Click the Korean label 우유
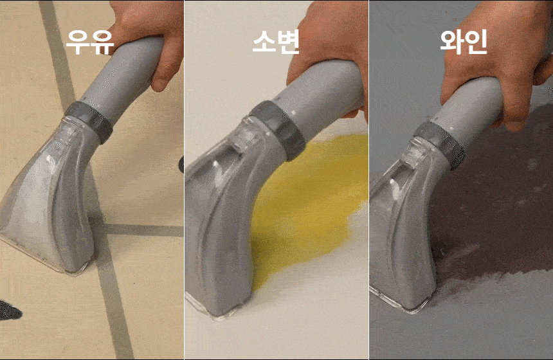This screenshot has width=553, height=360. pyautogui.click(x=90, y=42)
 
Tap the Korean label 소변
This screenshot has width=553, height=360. pyautogui.click(x=276, y=41)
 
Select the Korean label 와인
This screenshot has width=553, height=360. pyautogui.click(x=464, y=42)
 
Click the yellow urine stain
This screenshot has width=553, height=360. pyautogui.click(x=311, y=204)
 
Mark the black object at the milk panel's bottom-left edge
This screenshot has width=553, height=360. pyautogui.click(x=9, y=310)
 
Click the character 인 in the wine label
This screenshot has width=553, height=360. pyautogui.click(x=476, y=42)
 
